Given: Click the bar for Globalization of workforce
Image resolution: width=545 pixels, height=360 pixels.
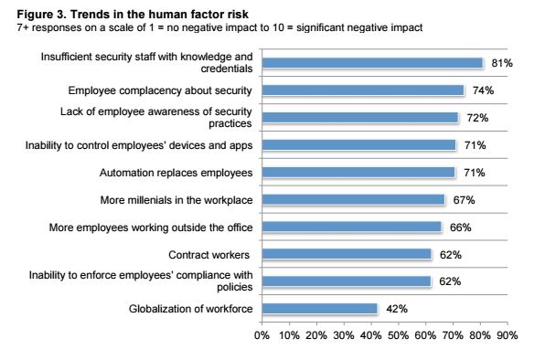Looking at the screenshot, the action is point(319,309).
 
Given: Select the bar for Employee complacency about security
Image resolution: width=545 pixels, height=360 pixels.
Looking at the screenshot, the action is point(363,90).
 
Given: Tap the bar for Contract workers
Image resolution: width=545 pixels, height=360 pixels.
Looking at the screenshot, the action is point(347,254).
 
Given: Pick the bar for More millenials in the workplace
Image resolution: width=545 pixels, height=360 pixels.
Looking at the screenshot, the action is point(353,199).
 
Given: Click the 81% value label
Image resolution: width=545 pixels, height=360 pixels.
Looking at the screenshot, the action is point(502,63).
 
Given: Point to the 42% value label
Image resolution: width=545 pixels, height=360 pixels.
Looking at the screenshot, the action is point(397,309).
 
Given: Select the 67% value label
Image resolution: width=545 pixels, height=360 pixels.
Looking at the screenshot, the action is point(464,200).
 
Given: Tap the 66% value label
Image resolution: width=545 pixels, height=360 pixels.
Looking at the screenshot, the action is point(461,228).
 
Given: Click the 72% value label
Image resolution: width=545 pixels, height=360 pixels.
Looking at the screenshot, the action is point(477,118).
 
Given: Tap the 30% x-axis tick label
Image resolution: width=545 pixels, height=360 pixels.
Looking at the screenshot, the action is point(344,335).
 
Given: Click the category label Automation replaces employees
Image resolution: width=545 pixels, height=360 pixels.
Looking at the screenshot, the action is point(176,173).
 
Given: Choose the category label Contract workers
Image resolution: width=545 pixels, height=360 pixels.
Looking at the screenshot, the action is point(208,255).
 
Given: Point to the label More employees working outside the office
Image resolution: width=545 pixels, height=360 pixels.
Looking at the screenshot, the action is point(151,228).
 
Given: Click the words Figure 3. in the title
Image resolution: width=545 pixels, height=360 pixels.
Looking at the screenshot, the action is point(42,15).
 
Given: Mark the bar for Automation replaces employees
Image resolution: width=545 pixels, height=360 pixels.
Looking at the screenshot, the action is point(358,172).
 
